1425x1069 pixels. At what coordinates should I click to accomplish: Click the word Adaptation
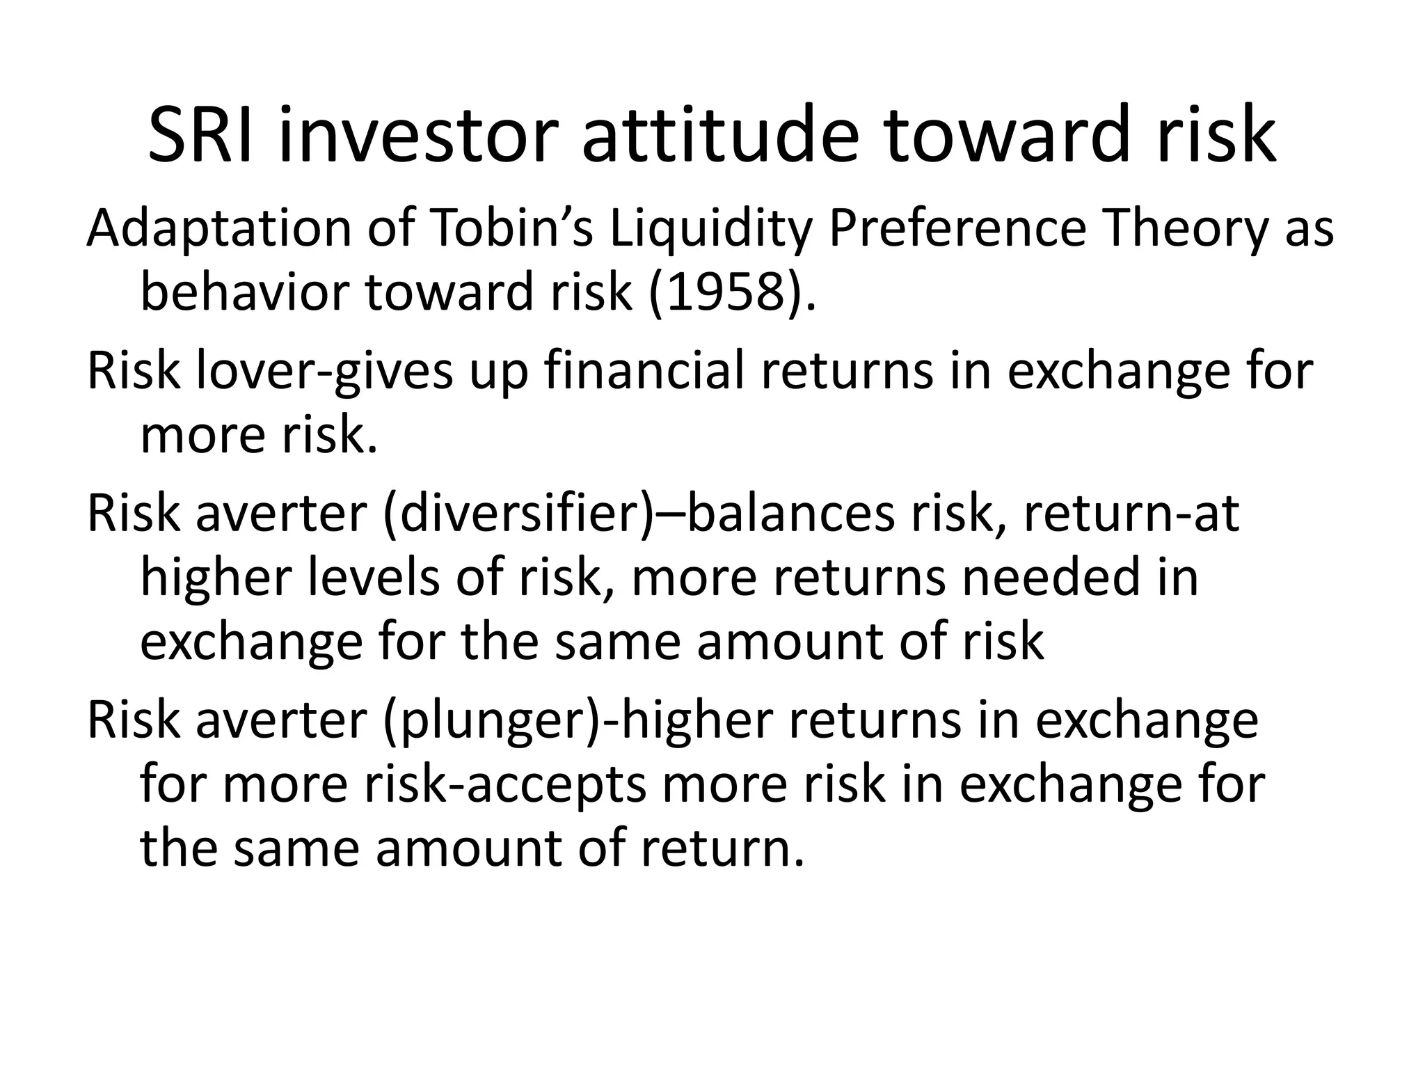pyautogui.click(x=219, y=229)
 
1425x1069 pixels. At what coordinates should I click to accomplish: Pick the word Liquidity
pyautogui.click(x=710, y=229)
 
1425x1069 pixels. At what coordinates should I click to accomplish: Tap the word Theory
pyautogui.click(x=1186, y=229)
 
